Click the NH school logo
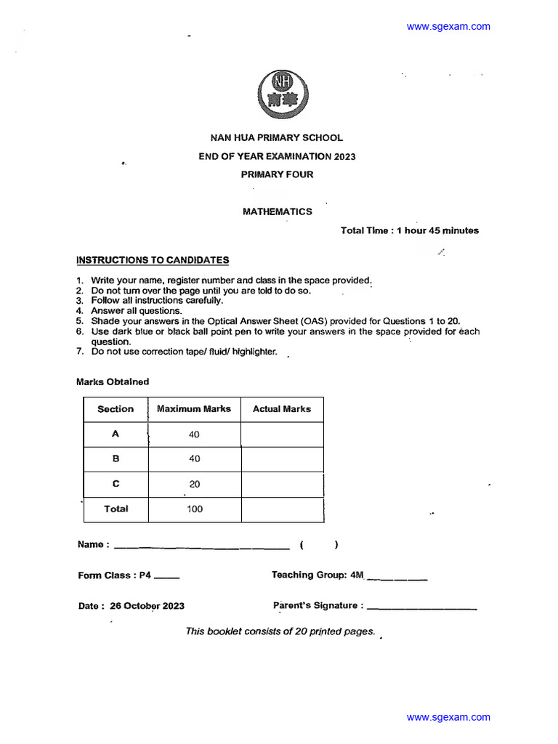(277, 92)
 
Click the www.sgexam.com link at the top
(448, 27)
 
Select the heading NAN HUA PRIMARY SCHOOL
(277, 137)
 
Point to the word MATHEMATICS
(277, 211)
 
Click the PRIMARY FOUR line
(277, 174)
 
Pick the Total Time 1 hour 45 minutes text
(410, 230)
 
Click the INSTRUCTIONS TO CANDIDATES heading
(153, 260)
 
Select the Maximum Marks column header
(194, 409)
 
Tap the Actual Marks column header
(282, 409)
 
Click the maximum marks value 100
(194, 509)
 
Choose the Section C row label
(116, 484)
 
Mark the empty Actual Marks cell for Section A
(282, 434)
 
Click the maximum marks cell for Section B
(194, 459)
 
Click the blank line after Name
(202, 546)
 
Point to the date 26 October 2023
(147, 606)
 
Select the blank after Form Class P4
(167, 577)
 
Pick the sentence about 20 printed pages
(280, 631)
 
